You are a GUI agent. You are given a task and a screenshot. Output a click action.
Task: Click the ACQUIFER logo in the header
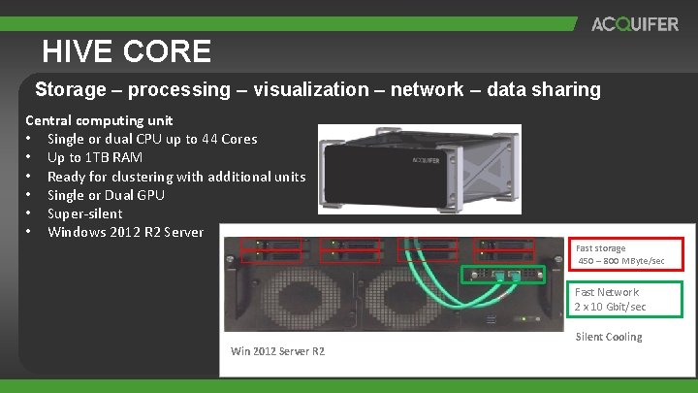coord(635,24)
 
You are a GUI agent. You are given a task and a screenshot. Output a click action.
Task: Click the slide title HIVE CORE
coord(126,50)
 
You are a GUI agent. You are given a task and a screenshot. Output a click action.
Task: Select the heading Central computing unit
coord(99,120)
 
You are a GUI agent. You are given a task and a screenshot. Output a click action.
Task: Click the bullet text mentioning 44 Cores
coord(152,139)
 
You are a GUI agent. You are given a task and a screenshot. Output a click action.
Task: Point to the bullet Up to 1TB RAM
coord(95,157)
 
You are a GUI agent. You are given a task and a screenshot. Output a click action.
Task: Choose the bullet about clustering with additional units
coord(176,177)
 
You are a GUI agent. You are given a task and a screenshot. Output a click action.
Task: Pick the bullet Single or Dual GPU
coord(106,195)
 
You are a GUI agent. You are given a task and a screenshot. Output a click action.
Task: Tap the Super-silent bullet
coord(85,213)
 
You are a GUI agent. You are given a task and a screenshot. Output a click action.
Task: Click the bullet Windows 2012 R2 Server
coord(126,232)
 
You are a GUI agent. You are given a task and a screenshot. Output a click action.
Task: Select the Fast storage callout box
coord(630,254)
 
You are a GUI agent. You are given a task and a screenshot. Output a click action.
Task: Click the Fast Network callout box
coord(626,299)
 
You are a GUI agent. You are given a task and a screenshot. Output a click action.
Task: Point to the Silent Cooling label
coord(609,338)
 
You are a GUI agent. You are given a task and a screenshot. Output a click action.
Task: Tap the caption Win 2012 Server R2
coord(278,350)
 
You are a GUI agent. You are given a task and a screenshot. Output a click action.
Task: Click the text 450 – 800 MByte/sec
coord(621,261)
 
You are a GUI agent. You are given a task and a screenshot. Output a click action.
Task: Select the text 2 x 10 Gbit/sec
coord(611,307)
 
